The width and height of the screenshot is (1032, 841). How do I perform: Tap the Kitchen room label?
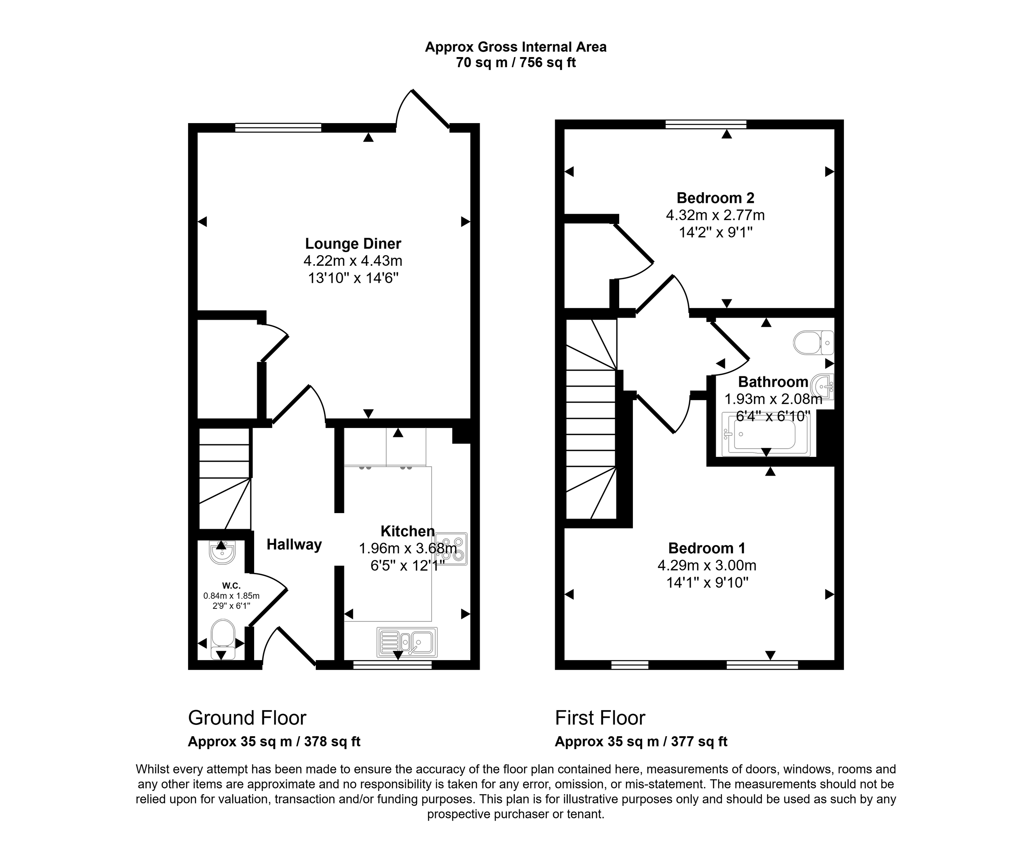click(407, 531)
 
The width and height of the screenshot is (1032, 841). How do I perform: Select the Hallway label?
click(294, 544)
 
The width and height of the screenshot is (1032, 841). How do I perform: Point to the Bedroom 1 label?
click(707, 548)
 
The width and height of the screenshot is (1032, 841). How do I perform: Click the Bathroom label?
click(773, 382)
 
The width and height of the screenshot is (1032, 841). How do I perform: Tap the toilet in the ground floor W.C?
click(223, 639)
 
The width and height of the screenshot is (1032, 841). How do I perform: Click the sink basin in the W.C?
click(222, 553)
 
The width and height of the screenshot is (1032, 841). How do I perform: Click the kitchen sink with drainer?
click(407, 642)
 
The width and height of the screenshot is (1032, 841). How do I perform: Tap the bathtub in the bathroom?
click(765, 435)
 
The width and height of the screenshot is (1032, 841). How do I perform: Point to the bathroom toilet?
click(813, 342)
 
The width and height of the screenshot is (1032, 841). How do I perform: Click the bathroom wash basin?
click(823, 387)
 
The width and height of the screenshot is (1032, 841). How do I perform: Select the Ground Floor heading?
click(247, 718)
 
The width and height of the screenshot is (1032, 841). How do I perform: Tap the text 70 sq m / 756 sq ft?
click(516, 63)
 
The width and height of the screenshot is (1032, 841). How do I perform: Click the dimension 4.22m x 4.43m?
click(353, 261)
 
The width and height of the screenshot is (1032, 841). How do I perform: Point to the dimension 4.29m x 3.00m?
click(707, 565)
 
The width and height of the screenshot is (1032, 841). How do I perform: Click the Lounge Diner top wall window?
click(278, 127)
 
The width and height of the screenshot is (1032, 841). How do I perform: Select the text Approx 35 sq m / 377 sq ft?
click(641, 742)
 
